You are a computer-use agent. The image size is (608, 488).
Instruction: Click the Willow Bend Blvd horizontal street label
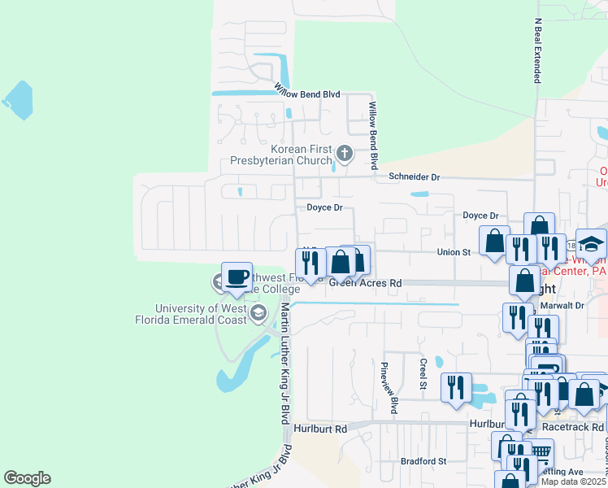(x=306, y=93)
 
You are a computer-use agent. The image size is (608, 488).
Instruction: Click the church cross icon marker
(x=345, y=153)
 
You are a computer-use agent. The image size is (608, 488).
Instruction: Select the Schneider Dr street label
(x=414, y=176)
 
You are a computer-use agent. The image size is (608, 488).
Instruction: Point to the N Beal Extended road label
(x=537, y=50)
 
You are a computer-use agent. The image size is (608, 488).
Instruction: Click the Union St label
(x=454, y=252)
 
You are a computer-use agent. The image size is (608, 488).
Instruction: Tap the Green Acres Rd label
(x=366, y=283)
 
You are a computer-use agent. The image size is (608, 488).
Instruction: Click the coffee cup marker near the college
(x=237, y=277)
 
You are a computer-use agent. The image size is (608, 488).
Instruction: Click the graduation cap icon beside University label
(x=258, y=313)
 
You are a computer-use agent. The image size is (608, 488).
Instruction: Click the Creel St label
(x=423, y=374)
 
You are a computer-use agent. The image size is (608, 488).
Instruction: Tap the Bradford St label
(x=423, y=460)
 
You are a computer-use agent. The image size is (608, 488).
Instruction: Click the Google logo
(x=27, y=478)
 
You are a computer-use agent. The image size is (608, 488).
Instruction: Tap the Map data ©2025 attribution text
(x=574, y=481)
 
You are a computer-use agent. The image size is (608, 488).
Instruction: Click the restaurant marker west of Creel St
(x=456, y=386)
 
